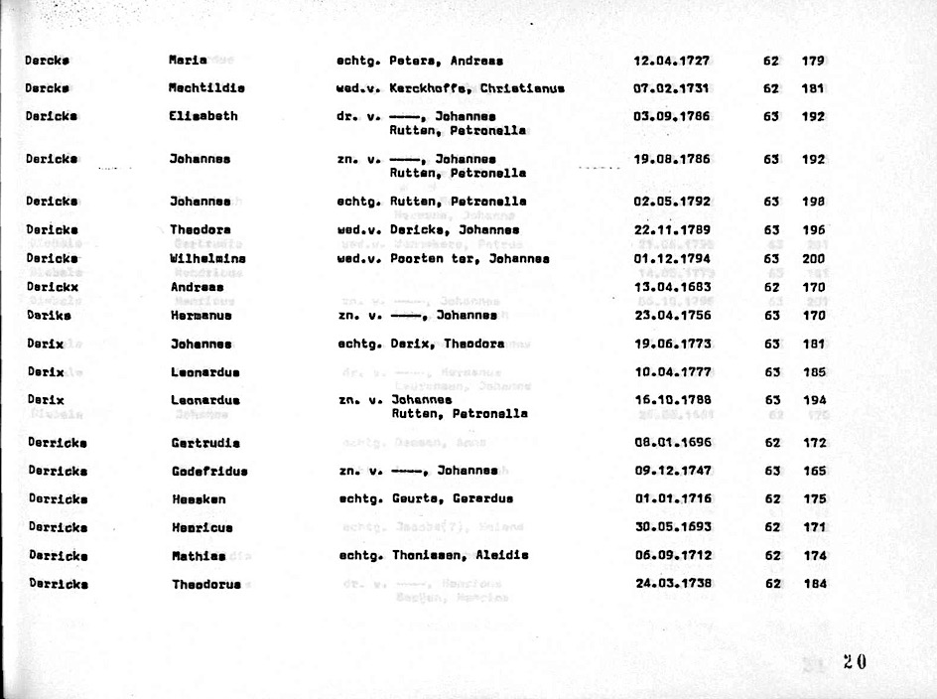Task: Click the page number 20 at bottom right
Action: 855,662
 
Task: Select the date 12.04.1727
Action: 672,61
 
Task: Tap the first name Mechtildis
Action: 206,88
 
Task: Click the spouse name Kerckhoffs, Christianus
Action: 476,88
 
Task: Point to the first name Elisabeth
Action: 203,116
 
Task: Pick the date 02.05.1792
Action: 672,202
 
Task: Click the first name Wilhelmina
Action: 207,259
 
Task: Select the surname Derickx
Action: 52,288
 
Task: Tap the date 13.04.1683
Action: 672,288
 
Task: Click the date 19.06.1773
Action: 672,345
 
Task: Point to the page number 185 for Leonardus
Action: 814,373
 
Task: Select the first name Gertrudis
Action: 205,443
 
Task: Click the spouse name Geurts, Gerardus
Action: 451,499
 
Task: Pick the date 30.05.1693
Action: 673,527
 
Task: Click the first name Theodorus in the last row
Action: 206,585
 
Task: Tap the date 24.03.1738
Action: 673,584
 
